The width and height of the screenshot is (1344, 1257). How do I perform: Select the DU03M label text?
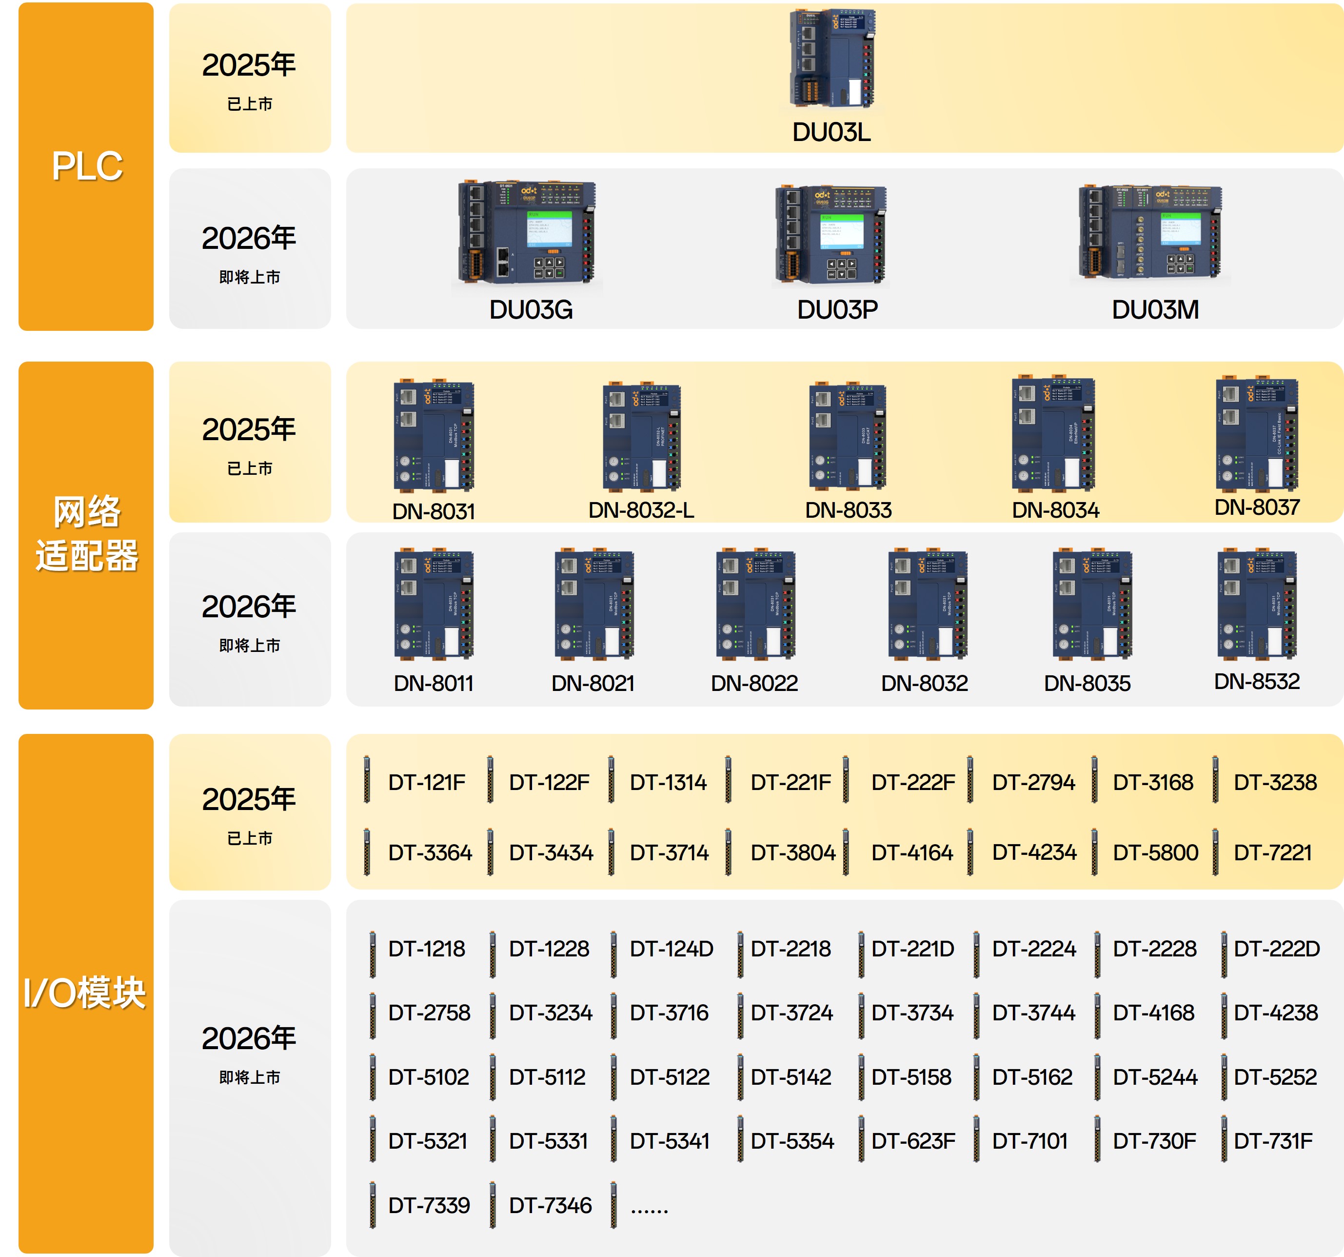(x=1155, y=310)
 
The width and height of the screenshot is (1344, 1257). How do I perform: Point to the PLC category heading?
(x=86, y=166)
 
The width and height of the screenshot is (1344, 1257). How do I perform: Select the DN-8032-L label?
(x=641, y=510)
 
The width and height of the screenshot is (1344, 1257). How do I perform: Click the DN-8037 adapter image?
(x=1256, y=434)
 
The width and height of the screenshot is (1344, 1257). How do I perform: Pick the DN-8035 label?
(x=1087, y=683)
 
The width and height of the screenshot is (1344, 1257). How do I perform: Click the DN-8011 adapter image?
(x=434, y=604)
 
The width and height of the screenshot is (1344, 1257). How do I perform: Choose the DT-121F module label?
(x=427, y=783)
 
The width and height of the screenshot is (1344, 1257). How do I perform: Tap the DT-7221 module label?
(x=1272, y=852)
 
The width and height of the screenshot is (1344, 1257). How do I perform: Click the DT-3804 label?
(x=792, y=852)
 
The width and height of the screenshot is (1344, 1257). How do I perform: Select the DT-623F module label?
(x=913, y=1141)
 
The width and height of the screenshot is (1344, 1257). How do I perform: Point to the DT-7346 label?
(x=550, y=1206)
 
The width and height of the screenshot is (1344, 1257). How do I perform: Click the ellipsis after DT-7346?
(x=649, y=1208)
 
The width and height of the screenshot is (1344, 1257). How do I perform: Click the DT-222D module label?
(x=1276, y=949)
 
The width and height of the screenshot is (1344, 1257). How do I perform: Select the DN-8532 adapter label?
(x=1256, y=681)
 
